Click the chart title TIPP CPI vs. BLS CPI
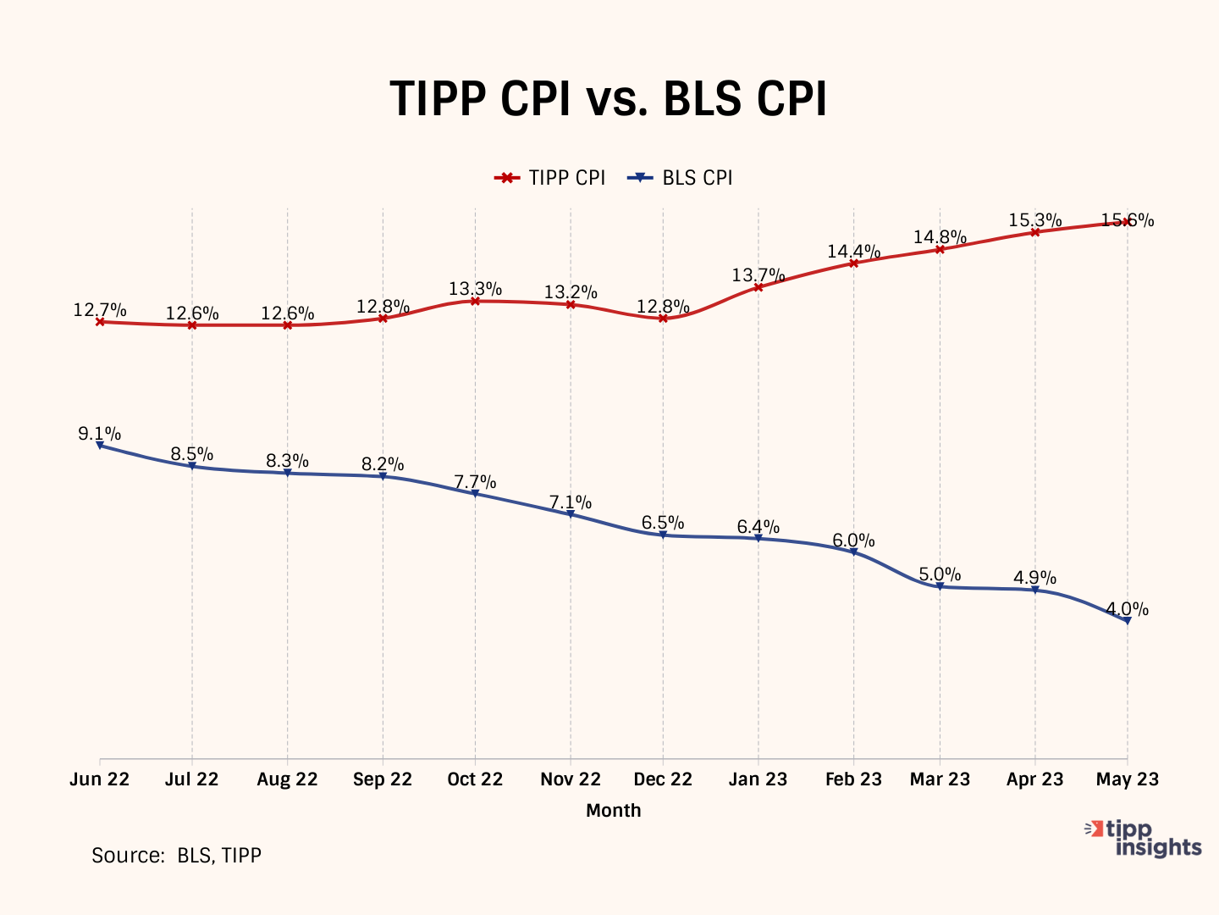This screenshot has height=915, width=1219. (x=608, y=100)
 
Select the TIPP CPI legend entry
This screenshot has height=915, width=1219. (x=551, y=178)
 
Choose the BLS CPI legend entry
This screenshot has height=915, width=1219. (x=681, y=178)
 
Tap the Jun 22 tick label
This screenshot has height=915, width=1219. (x=100, y=779)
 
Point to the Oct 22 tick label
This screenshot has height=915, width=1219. (x=475, y=779)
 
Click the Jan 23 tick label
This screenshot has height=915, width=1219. (x=758, y=779)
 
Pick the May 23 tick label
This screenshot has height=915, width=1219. (x=1127, y=779)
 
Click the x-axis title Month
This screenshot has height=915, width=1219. (x=613, y=811)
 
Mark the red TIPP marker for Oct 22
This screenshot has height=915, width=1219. (x=475, y=301)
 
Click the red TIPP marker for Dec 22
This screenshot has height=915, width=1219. (x=663, y=319)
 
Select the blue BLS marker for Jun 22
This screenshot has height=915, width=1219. (x=100, y=445)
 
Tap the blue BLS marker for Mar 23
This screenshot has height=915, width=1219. (x=940, y=586)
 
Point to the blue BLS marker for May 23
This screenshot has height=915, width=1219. (x=1127, y=621)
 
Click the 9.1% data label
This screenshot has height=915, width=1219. (x=99, y=434)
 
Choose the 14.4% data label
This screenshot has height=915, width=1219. (x=853, y=252)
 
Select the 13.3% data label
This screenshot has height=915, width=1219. (x=475, y=289)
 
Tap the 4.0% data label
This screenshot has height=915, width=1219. (x=1127, y=609)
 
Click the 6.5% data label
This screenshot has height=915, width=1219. (x=663, y=523)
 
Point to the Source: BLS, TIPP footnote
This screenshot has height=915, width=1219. (x=176, y=856)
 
